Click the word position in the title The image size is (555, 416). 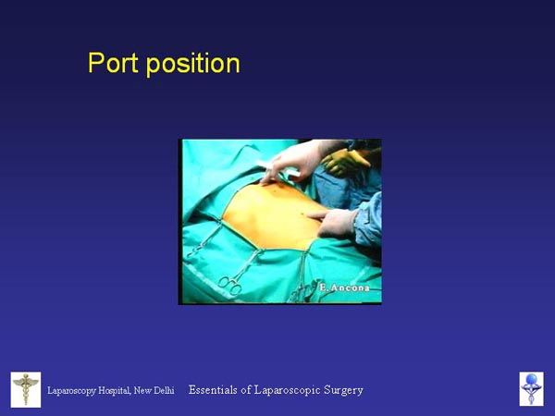click(x=193, y=64)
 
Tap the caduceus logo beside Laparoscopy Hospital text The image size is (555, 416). click(x=26, y=389)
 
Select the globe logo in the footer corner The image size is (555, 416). click(x=531, y=389)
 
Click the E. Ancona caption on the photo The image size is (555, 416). click(x=344, y=288)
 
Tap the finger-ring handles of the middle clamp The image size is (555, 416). click(x=230, y=285)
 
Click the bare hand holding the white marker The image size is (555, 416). click(x=292, y=161)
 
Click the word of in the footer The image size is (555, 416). click(x=246, y=390)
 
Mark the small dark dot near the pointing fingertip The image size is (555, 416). click(x=302, y=214)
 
